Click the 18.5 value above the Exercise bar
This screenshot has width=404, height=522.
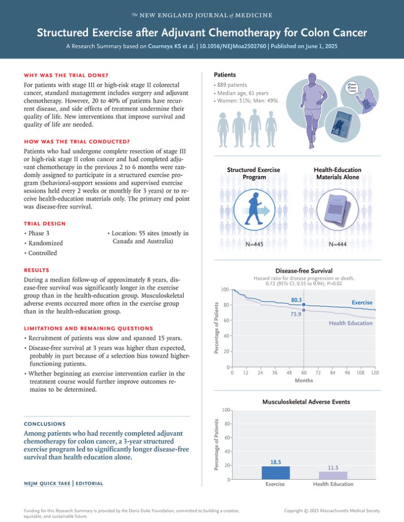point(275,462)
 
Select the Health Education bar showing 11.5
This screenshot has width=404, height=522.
point(333,475)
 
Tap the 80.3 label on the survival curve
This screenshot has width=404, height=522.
point(296,300)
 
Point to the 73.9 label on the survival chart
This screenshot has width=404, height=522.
point(296,315)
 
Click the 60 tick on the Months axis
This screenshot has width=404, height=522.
point(304,373)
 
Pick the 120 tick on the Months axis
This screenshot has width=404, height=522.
point(375,373)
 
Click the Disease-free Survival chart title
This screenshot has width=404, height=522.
point(304,271)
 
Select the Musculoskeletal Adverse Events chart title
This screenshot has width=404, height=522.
point(306,402)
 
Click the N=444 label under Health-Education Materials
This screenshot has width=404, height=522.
point(337,244)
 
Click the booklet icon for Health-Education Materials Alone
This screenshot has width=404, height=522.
point(337,211)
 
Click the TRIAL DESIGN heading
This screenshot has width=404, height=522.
point(44,223)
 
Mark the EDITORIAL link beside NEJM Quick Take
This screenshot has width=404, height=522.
point(89,483)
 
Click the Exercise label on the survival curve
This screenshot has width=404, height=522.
point(362,303)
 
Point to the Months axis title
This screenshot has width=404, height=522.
point(304,380)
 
